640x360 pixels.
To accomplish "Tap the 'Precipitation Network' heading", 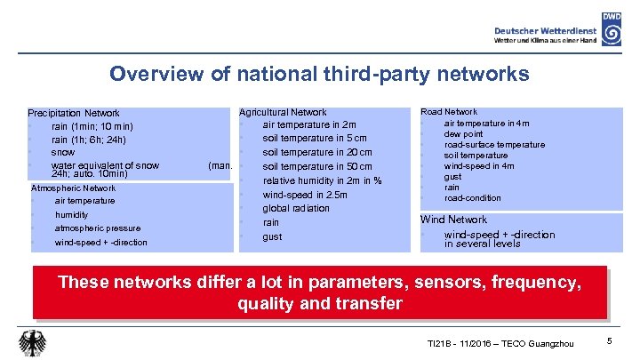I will (x=74, y=113).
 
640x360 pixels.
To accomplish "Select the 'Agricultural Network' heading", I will (x=283, y=112).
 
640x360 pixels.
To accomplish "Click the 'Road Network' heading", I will (x=449, y=112).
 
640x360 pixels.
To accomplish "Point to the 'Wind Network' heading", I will (x=453, y=220).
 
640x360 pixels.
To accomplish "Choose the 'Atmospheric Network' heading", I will (x=73, y=188).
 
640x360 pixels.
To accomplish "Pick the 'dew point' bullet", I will (x=464, y=133).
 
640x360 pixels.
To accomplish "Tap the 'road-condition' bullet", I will (x=473, y=197).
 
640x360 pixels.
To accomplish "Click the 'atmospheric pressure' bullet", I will (x=98, y=228).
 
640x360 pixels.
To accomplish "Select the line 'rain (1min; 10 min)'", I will (x=92, y=126).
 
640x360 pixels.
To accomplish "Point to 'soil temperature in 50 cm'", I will (x=317, y=167).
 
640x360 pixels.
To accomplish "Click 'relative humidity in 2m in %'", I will (x=322, y=180).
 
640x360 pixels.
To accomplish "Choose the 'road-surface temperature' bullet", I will (x=494, y=144).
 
